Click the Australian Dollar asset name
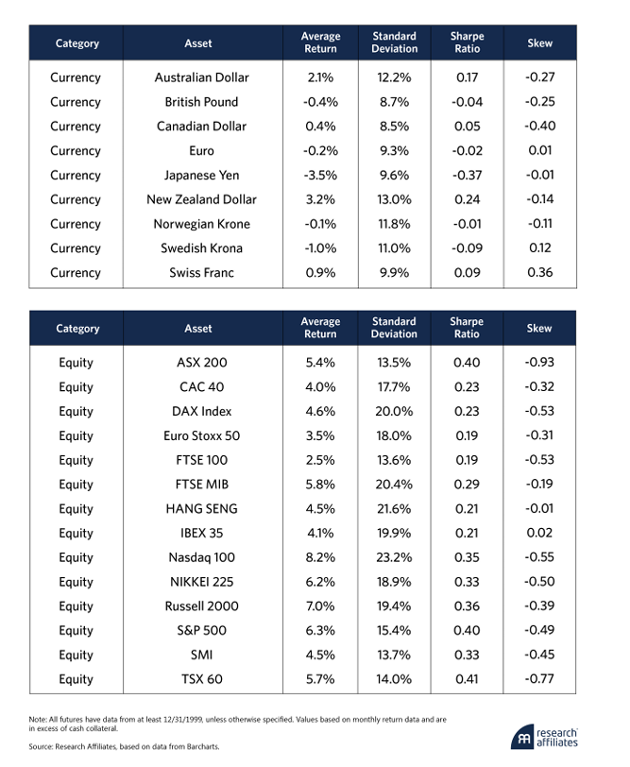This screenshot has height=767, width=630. [201, 77]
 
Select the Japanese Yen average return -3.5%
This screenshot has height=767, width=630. [320, 175]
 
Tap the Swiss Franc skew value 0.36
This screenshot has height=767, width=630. [540, 272]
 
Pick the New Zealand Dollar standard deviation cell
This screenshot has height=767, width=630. [394, 199]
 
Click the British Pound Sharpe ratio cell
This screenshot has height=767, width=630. [468, 102]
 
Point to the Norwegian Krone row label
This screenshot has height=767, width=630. [201, 224]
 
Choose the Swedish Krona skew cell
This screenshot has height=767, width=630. [540, 247]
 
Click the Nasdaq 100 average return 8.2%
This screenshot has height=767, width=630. [320, 557]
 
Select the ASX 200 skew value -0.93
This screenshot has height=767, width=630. [539, 362]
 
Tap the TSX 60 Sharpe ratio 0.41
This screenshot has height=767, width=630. [467, 679]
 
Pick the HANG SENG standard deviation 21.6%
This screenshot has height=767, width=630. [394, 508]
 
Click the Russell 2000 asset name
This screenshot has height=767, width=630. [201, 606]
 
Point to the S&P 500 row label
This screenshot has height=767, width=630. [201, 631]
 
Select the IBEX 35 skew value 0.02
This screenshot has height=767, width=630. [539, 533]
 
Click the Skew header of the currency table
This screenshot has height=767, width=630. [540, 43]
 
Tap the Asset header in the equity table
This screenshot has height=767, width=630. [198, 328]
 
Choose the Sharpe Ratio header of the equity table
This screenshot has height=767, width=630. [467, 328]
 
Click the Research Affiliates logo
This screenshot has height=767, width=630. [544, 738]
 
